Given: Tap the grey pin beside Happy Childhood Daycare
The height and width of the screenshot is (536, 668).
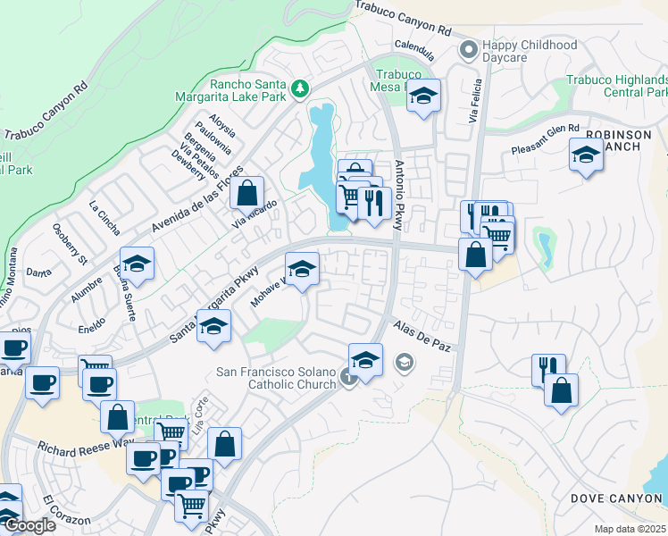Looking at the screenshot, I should (x=467, y=50).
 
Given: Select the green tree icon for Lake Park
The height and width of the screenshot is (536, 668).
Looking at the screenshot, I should (x=300, y=88).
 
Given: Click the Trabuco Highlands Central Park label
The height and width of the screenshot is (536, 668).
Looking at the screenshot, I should (x=616, y=87).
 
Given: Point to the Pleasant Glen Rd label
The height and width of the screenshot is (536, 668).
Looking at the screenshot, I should (x=545, y=139).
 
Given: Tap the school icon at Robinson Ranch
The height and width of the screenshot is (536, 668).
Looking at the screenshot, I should (x=585, y=155).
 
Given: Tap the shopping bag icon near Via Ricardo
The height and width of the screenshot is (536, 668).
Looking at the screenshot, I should (x=246, y=191).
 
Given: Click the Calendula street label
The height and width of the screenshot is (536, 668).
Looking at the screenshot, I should (x=413, y=45).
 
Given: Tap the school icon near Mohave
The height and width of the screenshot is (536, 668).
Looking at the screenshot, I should (x=302, y=268).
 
